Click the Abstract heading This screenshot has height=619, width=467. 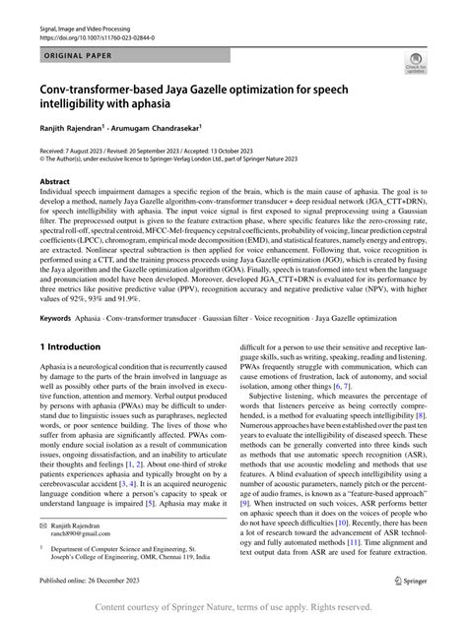(x=53, y=182)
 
